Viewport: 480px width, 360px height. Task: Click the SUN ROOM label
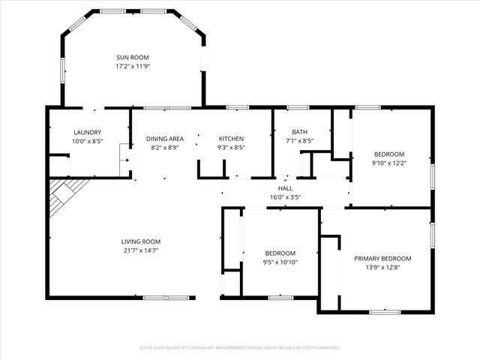132,57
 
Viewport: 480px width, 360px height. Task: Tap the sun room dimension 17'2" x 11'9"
132,66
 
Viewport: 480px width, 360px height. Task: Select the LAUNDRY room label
87,133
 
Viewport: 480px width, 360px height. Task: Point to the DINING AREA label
165,139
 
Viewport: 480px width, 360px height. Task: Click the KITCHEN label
231,139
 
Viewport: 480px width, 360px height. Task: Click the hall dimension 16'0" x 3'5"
285,198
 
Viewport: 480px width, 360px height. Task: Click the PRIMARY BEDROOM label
382,259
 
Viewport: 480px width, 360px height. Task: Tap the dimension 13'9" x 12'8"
382,268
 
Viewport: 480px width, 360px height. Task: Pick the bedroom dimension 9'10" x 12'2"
389,163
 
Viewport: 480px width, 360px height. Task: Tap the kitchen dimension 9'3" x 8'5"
231,148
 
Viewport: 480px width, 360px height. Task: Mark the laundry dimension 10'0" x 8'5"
87,142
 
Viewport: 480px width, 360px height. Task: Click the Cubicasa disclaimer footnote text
240,348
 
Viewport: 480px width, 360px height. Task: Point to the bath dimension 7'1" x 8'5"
300,142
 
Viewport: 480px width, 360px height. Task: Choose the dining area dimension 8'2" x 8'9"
165,148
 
